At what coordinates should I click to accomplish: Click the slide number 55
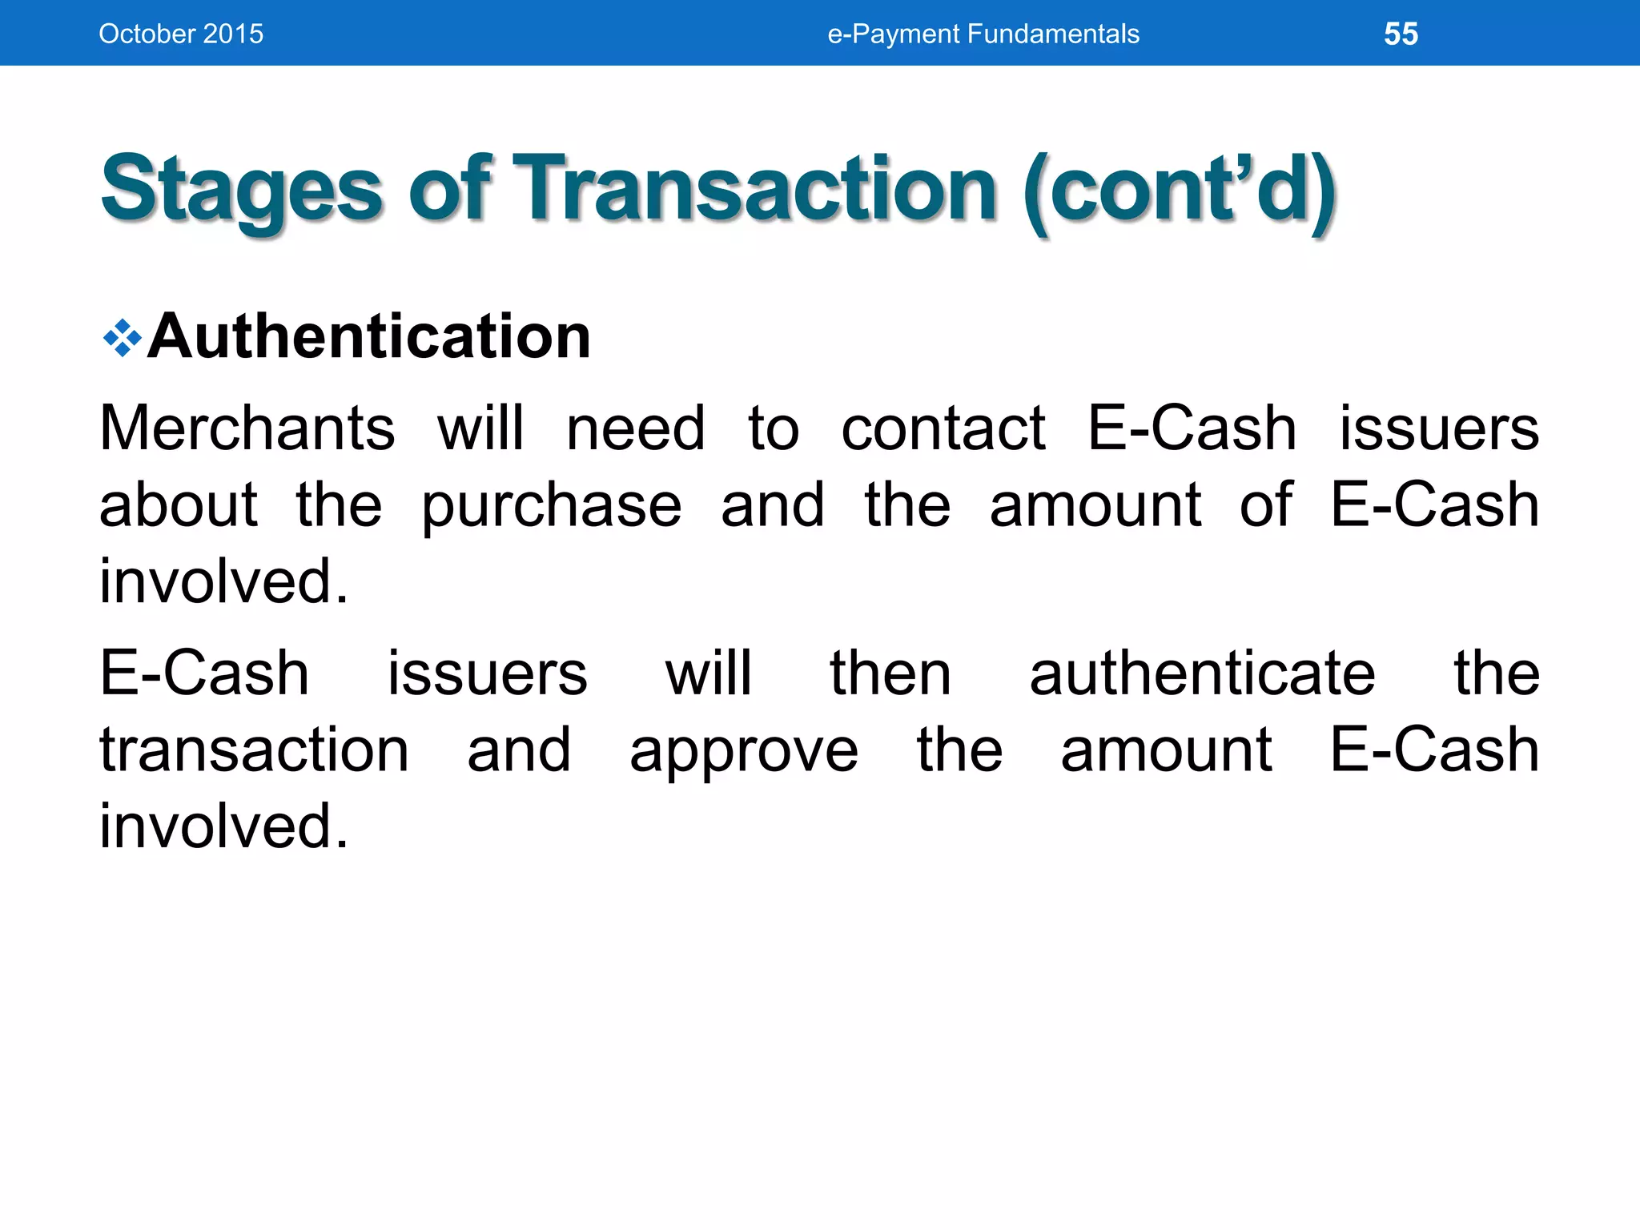tap(1401, 34)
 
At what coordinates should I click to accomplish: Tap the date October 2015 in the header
tap(181, 34)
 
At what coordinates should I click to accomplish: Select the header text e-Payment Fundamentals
tap(983, 34)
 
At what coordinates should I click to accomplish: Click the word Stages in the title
tap(241, 191)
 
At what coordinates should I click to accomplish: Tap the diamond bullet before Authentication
tap(123, 338)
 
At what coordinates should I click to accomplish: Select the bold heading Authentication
tap(369, 336)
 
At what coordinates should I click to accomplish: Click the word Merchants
tap(247, 428)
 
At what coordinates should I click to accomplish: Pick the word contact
tap(943, 428)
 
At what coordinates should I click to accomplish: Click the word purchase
tap(552, 506)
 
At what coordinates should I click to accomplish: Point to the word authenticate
tap(1202, 673)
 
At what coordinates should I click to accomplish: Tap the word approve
tap(744, 751)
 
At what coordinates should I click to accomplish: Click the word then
tap(890, 673)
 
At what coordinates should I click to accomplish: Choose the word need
tap(636, 428)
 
